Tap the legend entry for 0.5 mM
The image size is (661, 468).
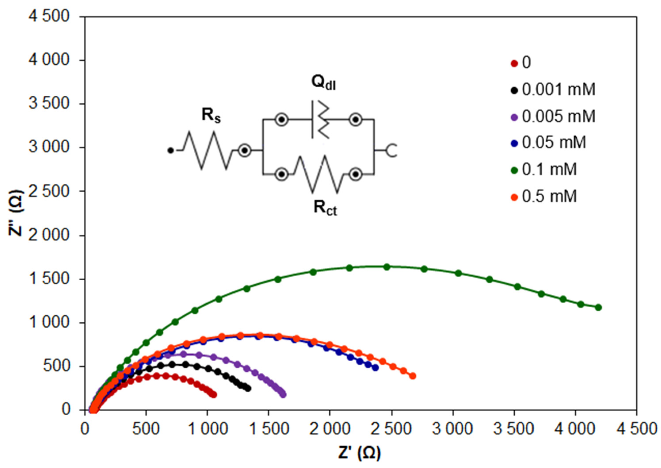549,196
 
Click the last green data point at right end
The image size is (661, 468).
598,308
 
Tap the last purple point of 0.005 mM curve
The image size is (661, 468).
283,395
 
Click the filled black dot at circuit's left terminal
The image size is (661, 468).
171,150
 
